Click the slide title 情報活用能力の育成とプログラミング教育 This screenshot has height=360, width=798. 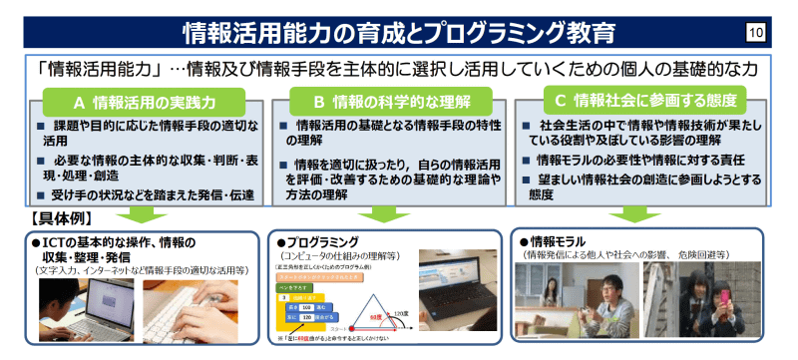click(399, 33)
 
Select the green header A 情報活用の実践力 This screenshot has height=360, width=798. click(146, 101)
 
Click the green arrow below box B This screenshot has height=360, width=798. click(383, 214)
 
